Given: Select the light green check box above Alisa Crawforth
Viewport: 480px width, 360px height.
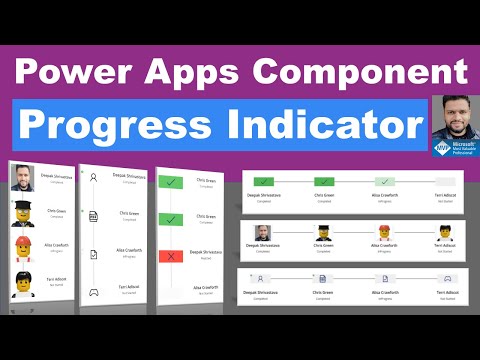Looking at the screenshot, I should point(384,181).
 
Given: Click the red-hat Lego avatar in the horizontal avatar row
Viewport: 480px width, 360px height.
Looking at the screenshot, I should point(384,232).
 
